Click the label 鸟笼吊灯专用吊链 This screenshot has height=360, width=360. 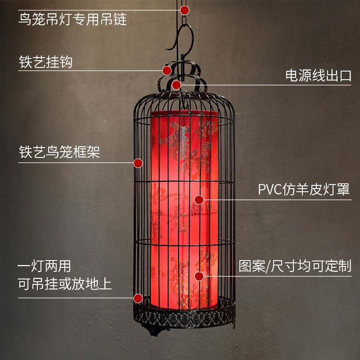coord(72,20)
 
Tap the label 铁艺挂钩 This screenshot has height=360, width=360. coord(45,62)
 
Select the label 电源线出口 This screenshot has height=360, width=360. coord(318,75)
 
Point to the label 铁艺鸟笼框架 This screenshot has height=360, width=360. coord(59,152)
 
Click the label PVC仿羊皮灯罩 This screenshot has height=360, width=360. coord(304,189)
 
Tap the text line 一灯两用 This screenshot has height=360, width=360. coord(44,266)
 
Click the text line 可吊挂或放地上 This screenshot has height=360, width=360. coord(65,284)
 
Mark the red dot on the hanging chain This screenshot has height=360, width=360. coord(184,10)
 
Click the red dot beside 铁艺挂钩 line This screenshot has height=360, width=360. coord(167,70)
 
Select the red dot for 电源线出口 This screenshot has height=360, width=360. coord(176,84)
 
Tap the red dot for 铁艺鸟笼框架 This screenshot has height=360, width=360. coord(138,162)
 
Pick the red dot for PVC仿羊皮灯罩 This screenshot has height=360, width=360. coord(199,199)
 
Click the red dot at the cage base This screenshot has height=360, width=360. coord(138,298)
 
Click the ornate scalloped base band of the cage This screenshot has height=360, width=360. coord(184,317)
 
